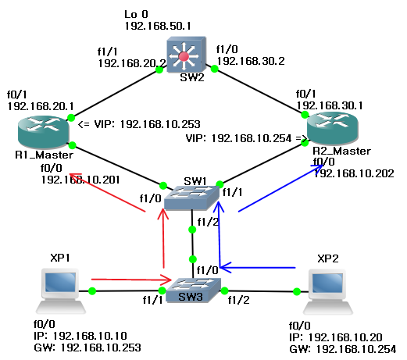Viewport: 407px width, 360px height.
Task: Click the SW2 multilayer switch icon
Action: pos(185,56)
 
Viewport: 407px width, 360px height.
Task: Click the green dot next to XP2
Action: pos(297,292)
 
